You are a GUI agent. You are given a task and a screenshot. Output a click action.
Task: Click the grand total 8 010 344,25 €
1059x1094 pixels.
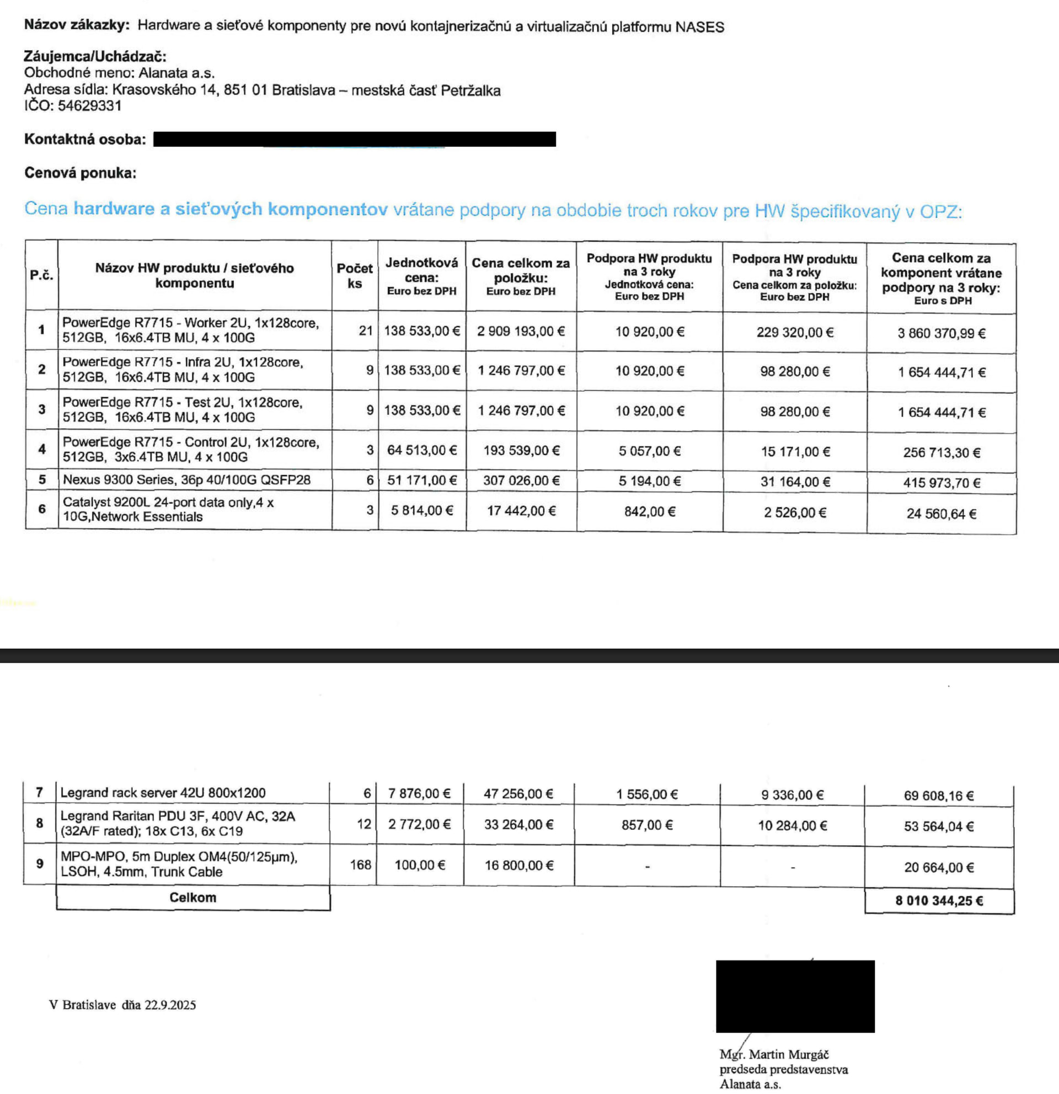[939, 901]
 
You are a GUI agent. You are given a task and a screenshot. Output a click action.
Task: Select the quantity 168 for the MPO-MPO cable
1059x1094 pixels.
[360, 865]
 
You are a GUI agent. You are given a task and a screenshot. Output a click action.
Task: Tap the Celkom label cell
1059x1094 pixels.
[192, 898]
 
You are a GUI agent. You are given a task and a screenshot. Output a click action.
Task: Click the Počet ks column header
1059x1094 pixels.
[354, 276]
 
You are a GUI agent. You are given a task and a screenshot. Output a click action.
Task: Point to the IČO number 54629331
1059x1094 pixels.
[89, 106]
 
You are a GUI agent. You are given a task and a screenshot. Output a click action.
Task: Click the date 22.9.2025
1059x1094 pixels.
[170, 1005]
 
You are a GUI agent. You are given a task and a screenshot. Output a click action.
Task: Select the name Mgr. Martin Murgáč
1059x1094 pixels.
[774, 1054]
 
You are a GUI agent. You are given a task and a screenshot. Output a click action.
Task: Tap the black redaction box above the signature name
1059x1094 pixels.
[795, 996]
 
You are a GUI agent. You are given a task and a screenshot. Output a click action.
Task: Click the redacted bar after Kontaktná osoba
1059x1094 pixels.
[354, 139]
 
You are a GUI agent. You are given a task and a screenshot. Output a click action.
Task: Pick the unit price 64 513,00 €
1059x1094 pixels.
[422, 450]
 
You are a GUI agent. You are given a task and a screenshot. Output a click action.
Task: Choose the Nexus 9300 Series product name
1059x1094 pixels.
[186, 480]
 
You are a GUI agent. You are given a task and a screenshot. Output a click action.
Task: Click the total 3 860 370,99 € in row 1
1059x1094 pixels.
[942, 334]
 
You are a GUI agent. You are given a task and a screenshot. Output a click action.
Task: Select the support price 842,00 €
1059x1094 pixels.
[649, 512]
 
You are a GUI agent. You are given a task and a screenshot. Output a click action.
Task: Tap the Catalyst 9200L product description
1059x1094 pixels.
[168, 510]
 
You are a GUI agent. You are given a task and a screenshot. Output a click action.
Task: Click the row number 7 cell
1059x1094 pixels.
[39, 793]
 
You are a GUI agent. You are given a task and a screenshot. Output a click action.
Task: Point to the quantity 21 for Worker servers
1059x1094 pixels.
[366, 331]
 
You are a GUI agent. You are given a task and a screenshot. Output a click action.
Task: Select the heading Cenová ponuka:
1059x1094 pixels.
[80, 173]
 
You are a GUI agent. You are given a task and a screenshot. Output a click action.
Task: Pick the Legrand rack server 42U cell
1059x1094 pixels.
[163, 793]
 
